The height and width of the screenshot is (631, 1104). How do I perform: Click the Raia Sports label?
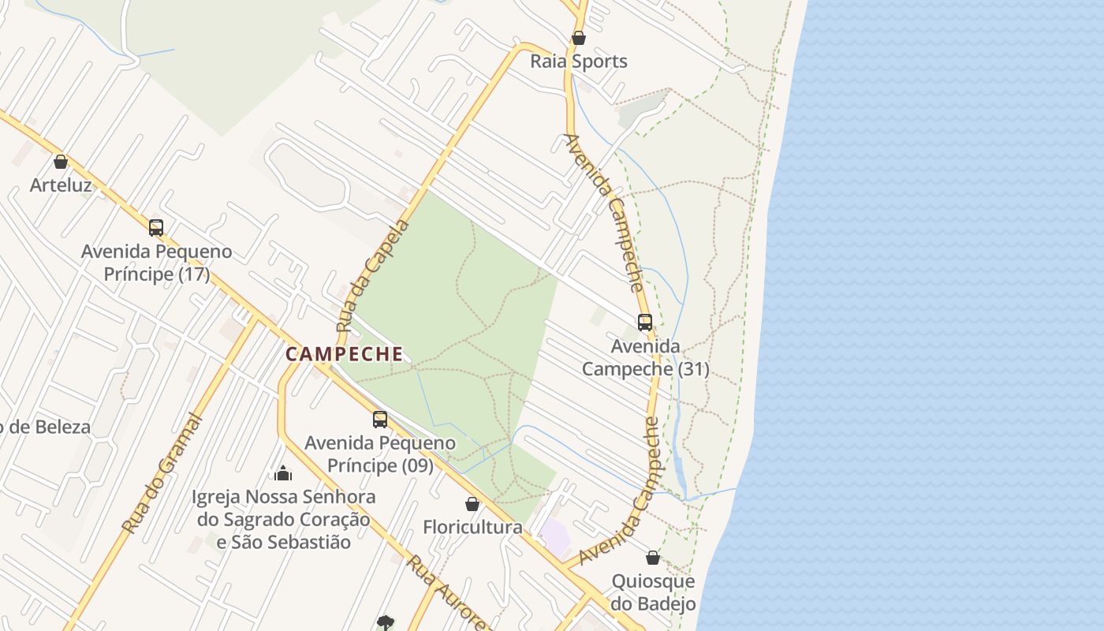579,62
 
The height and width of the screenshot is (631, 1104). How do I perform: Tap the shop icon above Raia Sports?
579,38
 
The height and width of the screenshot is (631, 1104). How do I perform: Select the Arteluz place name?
61,185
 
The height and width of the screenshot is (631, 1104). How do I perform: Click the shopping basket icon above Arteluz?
61,162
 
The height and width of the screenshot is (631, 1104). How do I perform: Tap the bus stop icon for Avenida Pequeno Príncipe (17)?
156,228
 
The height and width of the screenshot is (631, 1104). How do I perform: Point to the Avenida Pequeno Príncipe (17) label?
157,263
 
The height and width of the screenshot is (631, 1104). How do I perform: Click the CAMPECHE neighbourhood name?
344,354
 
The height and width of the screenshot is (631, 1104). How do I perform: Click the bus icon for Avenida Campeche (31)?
645,323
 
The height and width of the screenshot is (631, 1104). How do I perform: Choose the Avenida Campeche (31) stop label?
645,357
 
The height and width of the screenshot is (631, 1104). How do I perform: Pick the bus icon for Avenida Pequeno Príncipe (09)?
380,420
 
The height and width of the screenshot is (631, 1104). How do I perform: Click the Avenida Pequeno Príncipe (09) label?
380,454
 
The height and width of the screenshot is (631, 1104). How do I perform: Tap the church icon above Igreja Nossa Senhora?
283,473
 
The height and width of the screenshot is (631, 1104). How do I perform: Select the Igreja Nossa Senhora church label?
284,519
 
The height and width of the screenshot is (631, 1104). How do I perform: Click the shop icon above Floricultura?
472,504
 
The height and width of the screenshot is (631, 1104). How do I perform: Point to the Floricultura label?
472,527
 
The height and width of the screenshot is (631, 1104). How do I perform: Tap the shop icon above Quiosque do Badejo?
653,558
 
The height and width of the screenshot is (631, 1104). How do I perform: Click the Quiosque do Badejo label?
654,592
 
